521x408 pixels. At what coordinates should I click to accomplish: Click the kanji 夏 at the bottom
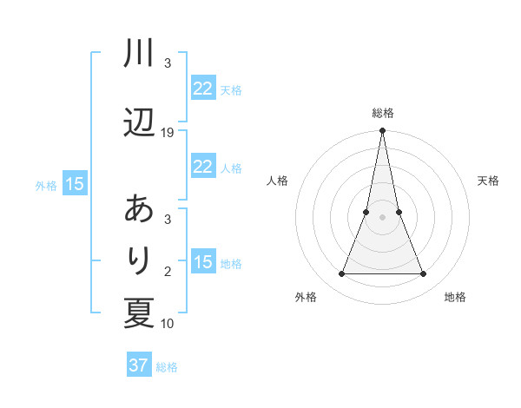point(139,313)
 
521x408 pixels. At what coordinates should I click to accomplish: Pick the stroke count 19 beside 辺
point(168,132)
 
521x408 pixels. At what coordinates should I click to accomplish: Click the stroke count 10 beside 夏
point(168,324)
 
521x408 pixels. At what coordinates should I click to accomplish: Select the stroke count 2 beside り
point(168,272)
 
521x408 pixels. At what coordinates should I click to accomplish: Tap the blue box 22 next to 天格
point(202,89)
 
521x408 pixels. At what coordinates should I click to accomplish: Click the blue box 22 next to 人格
point(202,167)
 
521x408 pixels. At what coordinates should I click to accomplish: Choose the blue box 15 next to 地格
point(202,262)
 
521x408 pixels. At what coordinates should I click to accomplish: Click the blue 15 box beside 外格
point(74,183)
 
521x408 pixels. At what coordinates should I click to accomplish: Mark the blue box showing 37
point(138,365)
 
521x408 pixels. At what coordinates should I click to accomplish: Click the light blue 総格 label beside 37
point(167,367)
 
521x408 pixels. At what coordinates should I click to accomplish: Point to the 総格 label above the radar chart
point(382,113)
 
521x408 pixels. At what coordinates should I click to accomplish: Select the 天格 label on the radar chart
point(488,181)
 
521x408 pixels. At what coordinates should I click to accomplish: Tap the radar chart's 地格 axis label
point(455,298)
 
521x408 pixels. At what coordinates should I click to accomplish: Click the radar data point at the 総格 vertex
point(382,131)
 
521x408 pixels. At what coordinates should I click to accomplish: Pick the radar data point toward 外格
point(341,274)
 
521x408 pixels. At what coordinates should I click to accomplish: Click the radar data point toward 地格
point(423,274)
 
